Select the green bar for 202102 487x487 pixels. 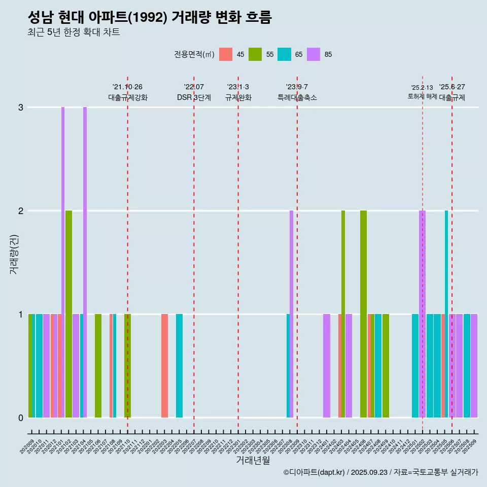point(68,314)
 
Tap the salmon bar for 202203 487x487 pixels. point(164,365)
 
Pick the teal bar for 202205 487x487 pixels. point(179,365)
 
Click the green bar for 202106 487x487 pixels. point(98,365)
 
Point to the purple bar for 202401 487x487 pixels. point(327,365)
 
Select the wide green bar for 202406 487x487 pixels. point(363,314)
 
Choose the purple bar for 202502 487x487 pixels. point(422,314)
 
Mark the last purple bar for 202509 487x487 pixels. point(474,365)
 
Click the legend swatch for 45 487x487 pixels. point(226,54)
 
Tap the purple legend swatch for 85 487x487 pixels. point(314,54)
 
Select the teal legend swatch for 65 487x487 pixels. point(284,54)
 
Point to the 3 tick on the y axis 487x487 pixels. point(21,108)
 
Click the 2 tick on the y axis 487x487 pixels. point(21,211)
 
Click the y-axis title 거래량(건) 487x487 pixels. point(14,254)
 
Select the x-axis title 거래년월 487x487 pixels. point(253,460)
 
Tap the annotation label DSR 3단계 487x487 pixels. point(194,97)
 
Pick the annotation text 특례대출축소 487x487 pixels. point(297,97)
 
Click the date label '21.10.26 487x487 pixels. point(127,87)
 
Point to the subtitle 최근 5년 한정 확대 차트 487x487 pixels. point(74,32)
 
